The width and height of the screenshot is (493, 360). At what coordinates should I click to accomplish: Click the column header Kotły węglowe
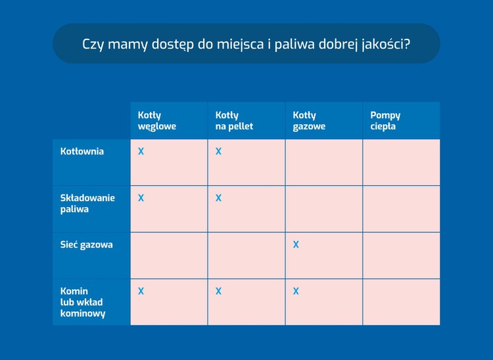point(157,121)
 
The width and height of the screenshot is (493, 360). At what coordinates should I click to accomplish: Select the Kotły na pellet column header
point(234,121)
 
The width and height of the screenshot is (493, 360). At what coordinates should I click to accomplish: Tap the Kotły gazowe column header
point(309,121)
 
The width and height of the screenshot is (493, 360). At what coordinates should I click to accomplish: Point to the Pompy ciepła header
point(385,121)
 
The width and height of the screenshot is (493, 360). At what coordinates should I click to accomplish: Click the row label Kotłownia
point(82,151)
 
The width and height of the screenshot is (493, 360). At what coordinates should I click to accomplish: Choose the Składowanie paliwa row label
point(87,204)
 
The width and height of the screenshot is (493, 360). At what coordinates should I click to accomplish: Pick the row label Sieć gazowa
point(87,244)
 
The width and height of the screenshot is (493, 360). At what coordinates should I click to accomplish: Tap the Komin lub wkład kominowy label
point(83,302)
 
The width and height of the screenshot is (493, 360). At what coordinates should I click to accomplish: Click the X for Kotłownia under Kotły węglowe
point(141,151)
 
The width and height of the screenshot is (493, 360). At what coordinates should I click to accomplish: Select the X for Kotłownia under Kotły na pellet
point(218,151)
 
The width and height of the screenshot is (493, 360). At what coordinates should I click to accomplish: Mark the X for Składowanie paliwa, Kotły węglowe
point(141,198)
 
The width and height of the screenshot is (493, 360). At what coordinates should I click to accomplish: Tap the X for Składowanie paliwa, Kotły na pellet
point(218,198)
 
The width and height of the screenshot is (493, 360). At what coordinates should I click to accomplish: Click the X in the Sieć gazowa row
point(296,244)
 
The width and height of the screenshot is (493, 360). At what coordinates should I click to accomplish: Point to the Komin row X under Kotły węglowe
point(141,291)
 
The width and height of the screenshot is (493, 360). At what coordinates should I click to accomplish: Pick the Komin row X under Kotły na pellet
point(218,291)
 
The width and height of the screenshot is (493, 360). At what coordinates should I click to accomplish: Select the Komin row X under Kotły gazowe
point(296,291)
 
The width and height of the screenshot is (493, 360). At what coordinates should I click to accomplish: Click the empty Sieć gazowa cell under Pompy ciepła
point(402,256)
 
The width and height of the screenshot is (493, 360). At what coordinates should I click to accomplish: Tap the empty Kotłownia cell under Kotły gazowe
point(324,162)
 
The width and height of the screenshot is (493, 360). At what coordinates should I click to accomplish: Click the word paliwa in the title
point(294,44)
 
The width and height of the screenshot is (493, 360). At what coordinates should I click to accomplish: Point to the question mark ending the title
point(407,43)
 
